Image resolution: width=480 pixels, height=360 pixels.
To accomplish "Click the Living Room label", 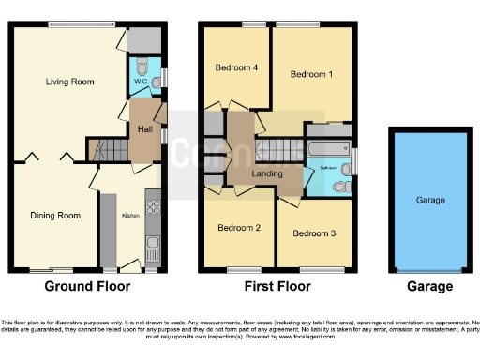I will pyautogui.click(x=70, y=82).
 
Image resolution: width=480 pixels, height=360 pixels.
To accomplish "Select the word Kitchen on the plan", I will pyautogui.click(x=129, y=215).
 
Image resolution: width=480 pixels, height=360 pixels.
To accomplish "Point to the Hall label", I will pyautogui.click(x=145, y=128).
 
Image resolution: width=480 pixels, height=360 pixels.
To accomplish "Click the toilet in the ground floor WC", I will pyautogui.click(x=142, y=67).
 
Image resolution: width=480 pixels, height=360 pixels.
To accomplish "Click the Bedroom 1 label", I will pyautogui.click(x=310, y=74).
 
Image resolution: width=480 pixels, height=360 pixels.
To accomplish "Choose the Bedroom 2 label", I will pyautogui.click(x=238, y=228).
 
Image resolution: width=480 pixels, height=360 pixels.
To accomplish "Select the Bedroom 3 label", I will pyautogui.click(x=312, y=232).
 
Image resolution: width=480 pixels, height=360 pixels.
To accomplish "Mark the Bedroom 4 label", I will pyautogui.click(x=235, y=67).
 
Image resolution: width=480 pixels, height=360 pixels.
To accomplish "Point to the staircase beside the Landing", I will pyautogui.click(x=276, y=148).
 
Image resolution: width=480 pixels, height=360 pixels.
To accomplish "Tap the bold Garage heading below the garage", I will pyautogui.click(x=430, y=286).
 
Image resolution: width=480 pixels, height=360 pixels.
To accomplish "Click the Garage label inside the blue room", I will pyautogui.click(x=430, y=200).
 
